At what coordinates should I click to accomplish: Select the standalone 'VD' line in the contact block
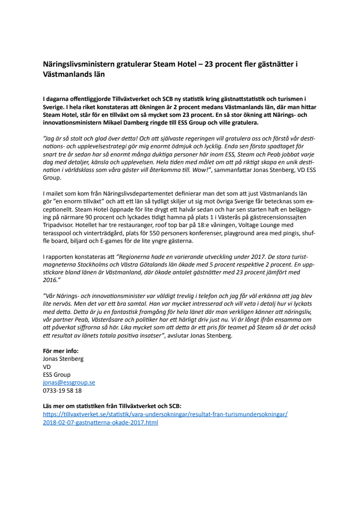pos(47,367)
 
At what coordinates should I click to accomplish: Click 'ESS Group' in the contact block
pos(56,374)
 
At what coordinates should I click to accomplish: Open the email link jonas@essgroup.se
pos(69,382)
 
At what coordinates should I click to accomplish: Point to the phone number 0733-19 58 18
pos(62,390)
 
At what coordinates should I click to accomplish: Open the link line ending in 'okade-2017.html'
pos(100,422)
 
